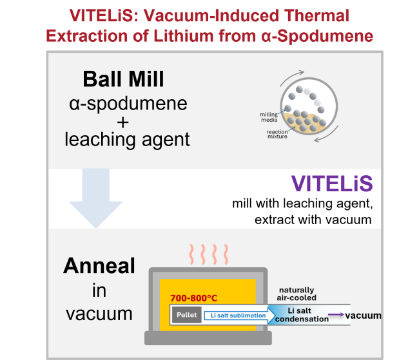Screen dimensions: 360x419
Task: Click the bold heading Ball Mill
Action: coord(123,79)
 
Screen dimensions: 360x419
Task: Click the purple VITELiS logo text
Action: coord(331,184)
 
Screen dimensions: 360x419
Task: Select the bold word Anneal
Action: coord(99,267)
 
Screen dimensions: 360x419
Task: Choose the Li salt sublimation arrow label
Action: coord(236,316)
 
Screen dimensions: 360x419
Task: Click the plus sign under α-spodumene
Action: coord(127,121)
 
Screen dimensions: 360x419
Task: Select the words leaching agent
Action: coord(127,139)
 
